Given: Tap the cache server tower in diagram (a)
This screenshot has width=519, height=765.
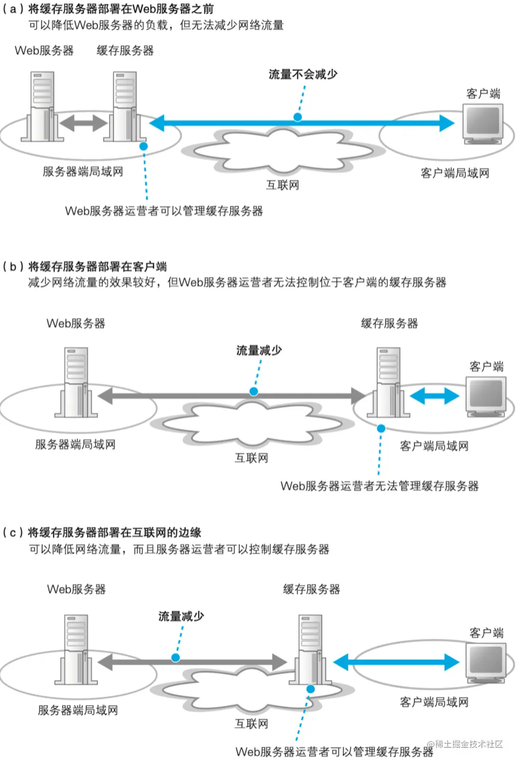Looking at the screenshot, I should (125, 106).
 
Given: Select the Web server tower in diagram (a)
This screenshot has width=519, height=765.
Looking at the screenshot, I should (42, 106).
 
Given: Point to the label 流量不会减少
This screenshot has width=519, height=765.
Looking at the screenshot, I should (303, 75).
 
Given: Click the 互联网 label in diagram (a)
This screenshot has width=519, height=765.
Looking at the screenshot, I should (282, 185).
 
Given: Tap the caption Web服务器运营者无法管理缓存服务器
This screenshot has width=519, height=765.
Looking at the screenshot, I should (379, 486).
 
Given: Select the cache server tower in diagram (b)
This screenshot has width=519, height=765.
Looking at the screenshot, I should (388, 382).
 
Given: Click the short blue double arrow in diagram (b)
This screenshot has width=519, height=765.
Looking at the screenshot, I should (434, 396).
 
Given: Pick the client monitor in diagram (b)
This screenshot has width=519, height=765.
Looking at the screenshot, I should (486, 395).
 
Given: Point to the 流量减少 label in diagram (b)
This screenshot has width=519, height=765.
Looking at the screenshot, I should (259, 351).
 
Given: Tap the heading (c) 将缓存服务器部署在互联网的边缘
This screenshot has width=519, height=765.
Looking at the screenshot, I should (102, 532).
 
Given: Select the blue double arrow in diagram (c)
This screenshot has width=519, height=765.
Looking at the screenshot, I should (396, 662).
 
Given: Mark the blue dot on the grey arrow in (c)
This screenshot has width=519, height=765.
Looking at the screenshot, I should (175, 657).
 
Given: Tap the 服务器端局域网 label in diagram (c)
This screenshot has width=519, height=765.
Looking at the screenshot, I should (78, 710).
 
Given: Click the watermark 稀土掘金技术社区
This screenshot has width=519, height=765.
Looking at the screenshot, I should (468, 744).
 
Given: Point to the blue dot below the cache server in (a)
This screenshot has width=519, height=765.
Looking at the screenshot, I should (144, 147).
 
